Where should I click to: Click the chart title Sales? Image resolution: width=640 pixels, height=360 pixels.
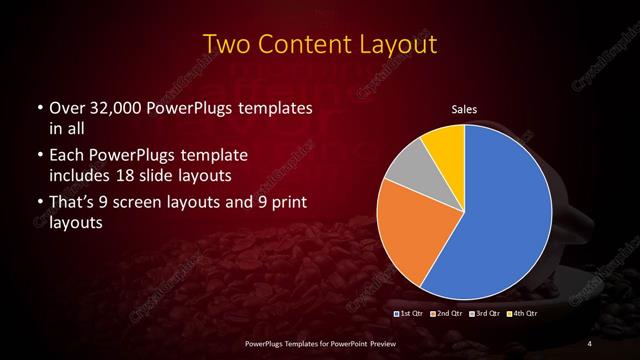465,109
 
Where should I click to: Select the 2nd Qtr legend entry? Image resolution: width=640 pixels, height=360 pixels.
446,314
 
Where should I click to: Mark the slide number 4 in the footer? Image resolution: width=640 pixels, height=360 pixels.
589,344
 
